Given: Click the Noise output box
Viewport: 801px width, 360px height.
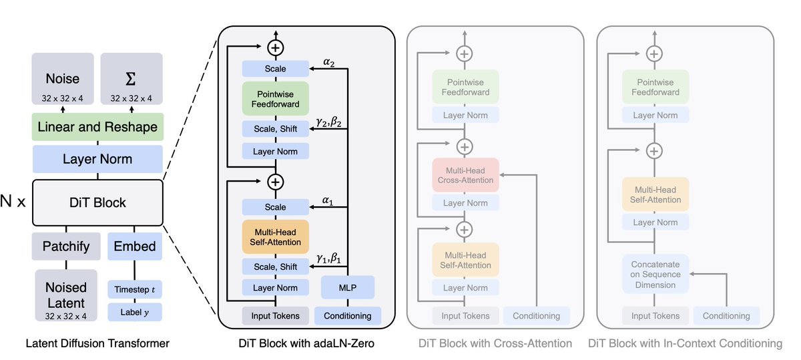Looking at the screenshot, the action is click(63, 79).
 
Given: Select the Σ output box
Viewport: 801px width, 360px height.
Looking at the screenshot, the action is click(131, 79).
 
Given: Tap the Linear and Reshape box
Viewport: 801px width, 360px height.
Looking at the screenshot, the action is click(97, 127).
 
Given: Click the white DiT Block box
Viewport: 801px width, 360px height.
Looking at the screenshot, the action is click(97, 202).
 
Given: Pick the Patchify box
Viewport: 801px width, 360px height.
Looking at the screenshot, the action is click(66, 246).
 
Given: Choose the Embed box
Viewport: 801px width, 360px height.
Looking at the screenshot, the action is click(135, 246).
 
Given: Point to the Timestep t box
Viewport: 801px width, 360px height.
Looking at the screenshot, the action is click(135, 289).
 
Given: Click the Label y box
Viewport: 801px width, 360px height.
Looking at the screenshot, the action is click(135, 312).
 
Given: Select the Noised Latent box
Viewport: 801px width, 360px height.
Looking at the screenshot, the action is click(66, 295).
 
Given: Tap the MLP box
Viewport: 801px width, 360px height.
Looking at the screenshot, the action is click(348, 287).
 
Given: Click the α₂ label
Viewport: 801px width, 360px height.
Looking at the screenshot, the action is click(328, 62).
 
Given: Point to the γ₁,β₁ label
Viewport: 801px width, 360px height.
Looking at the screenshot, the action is click(328, 258).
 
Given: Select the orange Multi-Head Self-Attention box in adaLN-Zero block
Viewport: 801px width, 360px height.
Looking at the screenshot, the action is click(275, 237).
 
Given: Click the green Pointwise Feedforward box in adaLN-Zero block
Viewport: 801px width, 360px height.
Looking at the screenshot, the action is click(275, 99).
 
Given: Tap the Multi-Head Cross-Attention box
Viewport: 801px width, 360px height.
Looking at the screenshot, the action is click(465, 175).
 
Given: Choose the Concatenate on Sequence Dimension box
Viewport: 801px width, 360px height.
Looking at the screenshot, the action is click(655, 274).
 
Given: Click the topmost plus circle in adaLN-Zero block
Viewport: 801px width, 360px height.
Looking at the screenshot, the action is click(275, 48).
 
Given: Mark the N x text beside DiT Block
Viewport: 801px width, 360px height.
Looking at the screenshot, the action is click(13, 201).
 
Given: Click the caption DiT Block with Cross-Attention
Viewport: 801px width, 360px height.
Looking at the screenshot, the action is click(495, 343).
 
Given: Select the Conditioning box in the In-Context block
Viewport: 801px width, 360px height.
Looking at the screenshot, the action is click(726, 316).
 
